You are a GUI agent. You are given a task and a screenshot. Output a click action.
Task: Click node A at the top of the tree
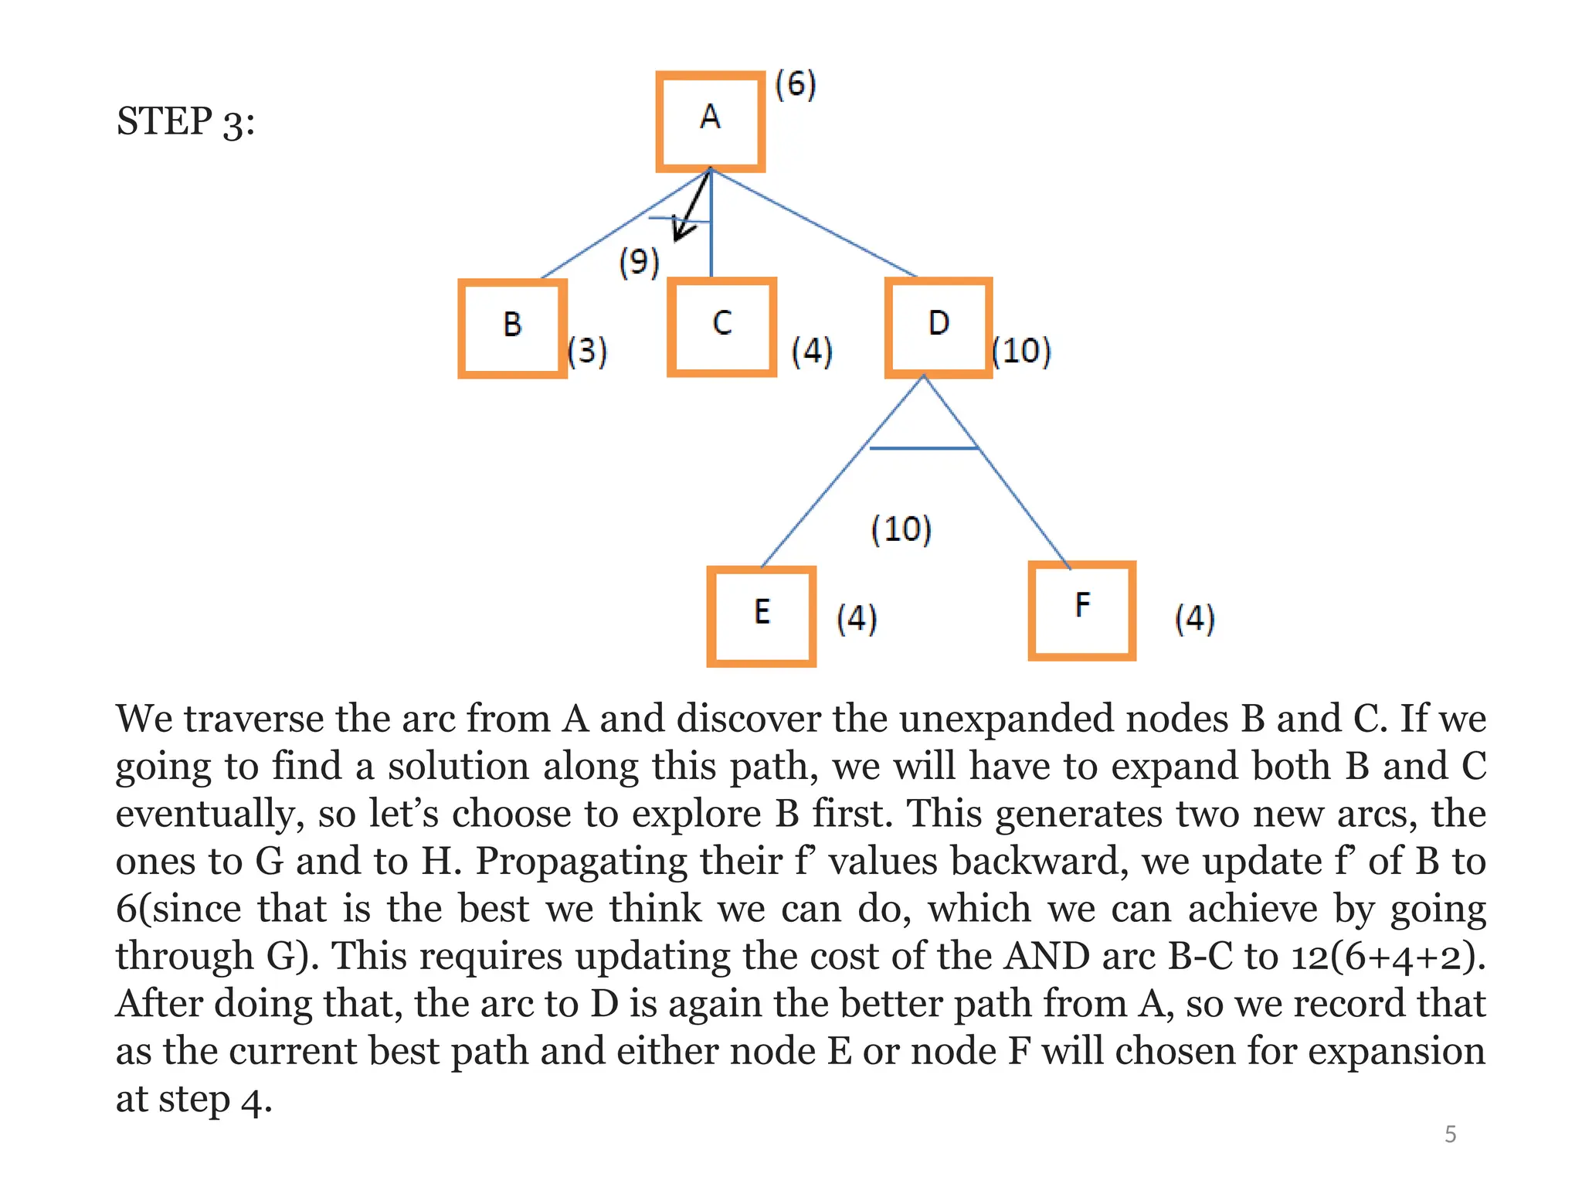click(710, 121)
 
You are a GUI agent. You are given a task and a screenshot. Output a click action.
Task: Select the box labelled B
click(512, 328)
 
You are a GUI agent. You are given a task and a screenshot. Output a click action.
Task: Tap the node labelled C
click(721, 326)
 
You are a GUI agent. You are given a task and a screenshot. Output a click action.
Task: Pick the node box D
click(938, 326)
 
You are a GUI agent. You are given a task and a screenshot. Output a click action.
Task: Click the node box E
click(762, 615)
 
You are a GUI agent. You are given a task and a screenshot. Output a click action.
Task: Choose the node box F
click(1081, 610)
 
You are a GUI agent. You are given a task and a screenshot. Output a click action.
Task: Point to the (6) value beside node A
click(796, 84)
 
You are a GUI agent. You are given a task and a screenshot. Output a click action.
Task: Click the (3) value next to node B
click(587, 351)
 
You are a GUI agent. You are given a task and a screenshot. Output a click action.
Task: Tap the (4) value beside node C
click(812, 351)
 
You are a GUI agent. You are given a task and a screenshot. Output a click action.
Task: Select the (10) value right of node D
click(1021, 351)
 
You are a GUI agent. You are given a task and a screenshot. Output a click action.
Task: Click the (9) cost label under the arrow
click(639, 262)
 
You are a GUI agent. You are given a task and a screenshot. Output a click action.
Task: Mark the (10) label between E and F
click(901, 529)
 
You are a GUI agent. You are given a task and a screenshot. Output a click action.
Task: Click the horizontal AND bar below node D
click(924, 447)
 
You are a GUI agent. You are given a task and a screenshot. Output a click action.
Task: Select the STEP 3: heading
click(185, 122)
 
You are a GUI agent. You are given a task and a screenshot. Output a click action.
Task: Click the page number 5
click(1450, 1134)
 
